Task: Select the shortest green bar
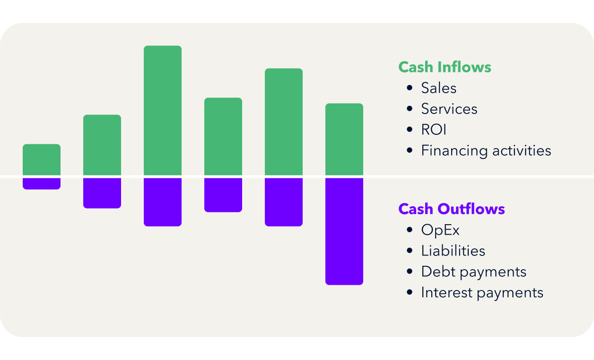(x=42, y=159)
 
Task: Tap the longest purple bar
(x=344, y=231)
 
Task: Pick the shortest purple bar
(x=42, y=184)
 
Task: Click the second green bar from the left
(x=102, y=145)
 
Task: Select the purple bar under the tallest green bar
(x=163, y=202)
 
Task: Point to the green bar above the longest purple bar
(x=344, y=139)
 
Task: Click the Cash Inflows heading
(x=445, y=67)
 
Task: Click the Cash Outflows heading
(x=452, y=209)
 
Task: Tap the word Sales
(x=439, y=88)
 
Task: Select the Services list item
(x=449, y=109)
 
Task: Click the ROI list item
(x=434, y=130)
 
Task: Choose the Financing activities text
(x=486, y=150)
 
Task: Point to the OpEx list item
(x=440, y=230)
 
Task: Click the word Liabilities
(x=453, y=251)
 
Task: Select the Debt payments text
(x=473, y=272)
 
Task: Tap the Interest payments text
(x=482, y=292)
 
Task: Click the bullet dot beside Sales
(x=410, y=88)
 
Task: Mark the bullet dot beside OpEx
(x=410, y=230)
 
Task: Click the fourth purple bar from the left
(x=223, y=195)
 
